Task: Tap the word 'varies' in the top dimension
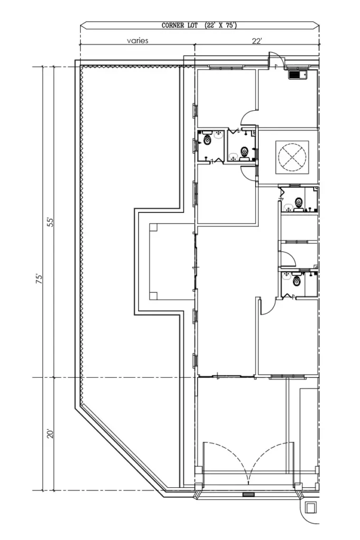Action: (137, 41)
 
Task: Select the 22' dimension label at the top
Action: (257, 41)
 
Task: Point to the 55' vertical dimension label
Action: (51, 221)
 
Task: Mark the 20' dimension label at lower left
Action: (51, 433)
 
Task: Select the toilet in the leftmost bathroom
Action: (207, 140)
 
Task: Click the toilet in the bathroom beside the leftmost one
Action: (244, 153)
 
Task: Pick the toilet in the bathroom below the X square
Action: (299, 201)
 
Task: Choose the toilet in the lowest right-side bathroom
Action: (297, 281)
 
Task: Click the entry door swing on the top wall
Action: (276, 60)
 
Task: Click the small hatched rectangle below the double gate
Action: (248, 495)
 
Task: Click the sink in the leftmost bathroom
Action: (219, 135)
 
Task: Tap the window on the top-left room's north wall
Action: (227, 67)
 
